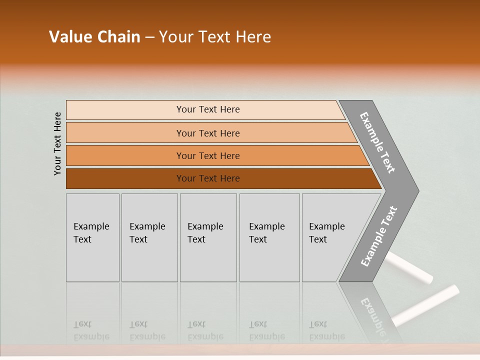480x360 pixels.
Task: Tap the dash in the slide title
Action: (x=149, y=37)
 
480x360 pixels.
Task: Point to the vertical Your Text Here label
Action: (x=57, y=143)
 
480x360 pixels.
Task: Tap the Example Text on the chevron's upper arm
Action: (x=377, y=142)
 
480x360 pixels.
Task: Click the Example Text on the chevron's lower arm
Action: (x=378, y=236)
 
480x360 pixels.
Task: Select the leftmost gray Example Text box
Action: (x=92, y=237)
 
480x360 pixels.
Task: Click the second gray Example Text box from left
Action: (x=149, y=237)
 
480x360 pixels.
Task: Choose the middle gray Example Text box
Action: (x=208, y=237)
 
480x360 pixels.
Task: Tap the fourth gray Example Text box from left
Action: (x=269, y=237)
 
